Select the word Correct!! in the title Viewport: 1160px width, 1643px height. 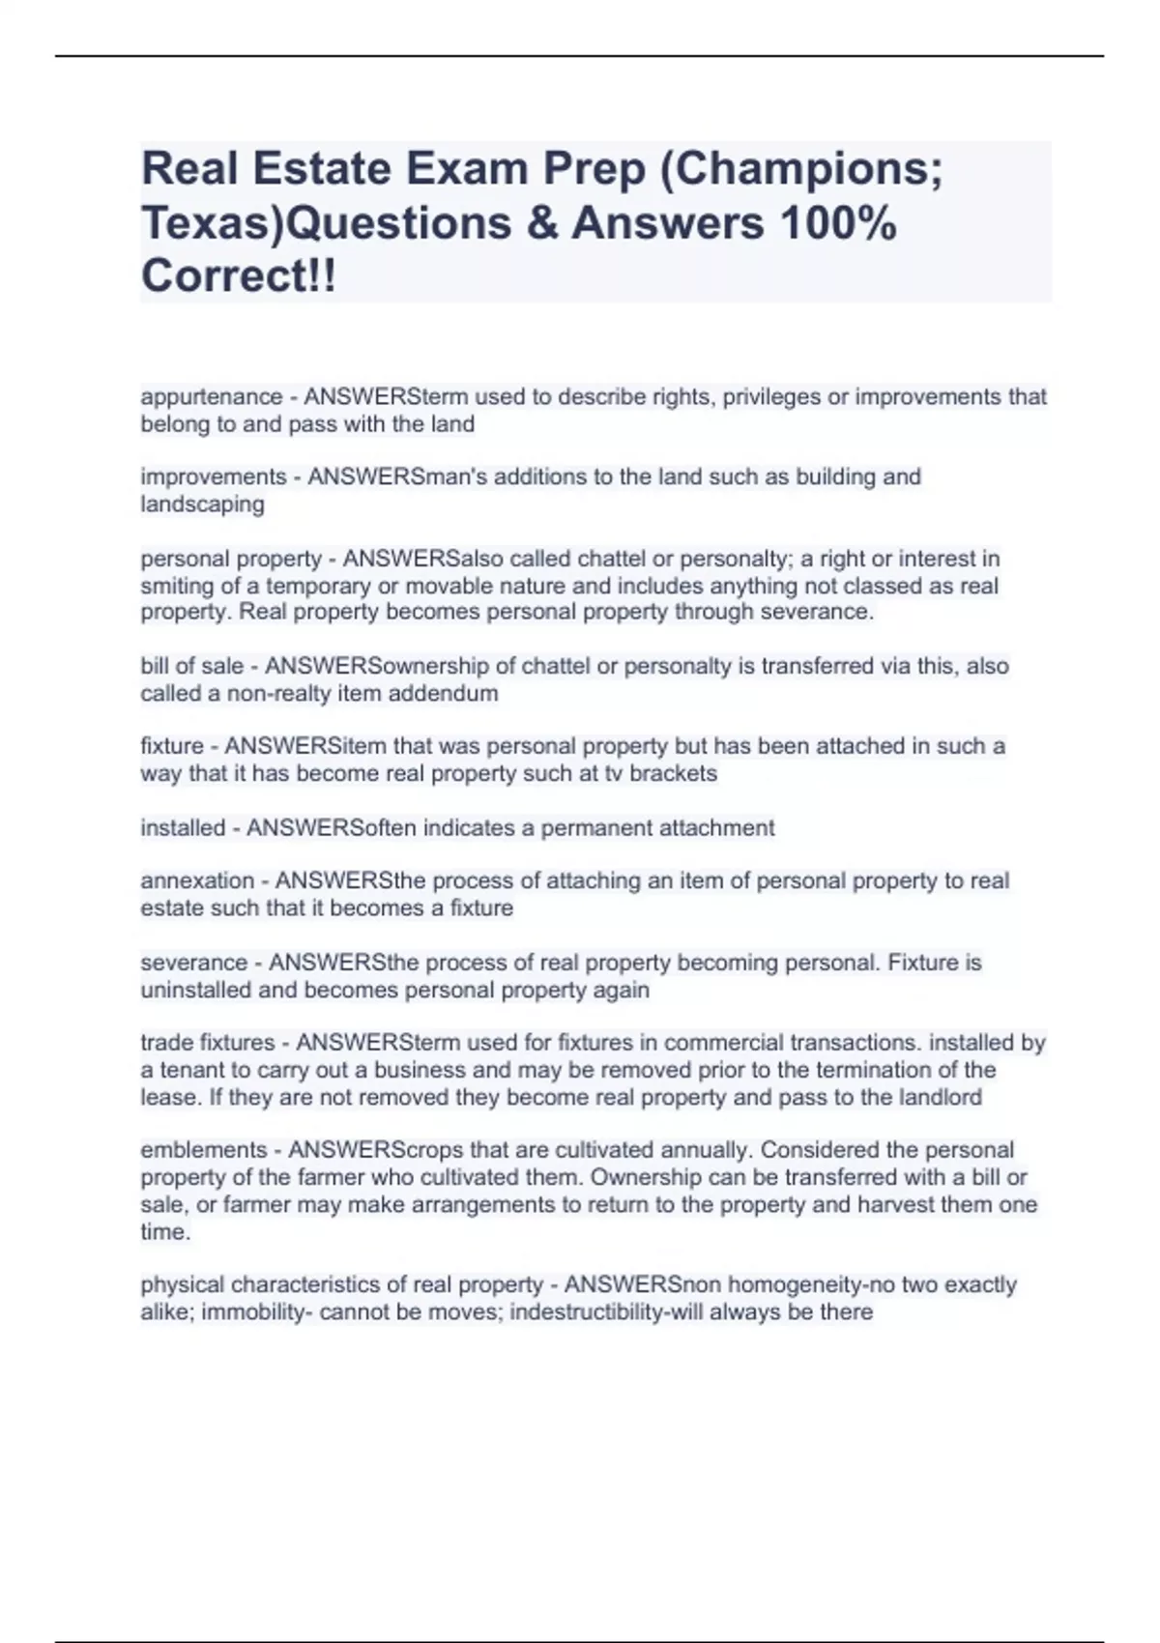coord(239,276)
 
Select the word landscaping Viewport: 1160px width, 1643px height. coord(202,504)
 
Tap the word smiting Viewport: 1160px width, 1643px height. coord(171,586)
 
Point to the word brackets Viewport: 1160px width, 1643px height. coord(673,773)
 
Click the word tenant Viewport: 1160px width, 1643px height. coord(189,1070)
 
